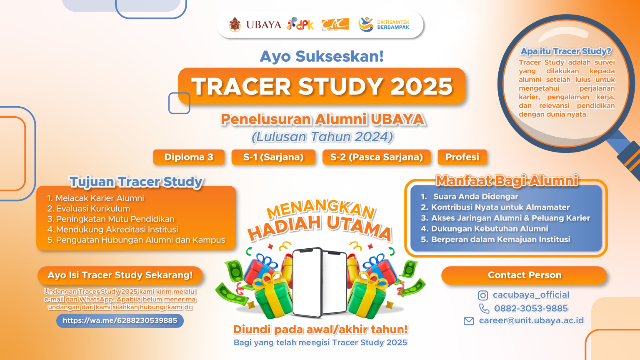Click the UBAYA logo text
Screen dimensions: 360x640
tap(263, 25)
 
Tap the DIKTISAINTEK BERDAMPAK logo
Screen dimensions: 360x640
tap(384, 25)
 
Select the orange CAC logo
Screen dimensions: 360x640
tap(335, 25)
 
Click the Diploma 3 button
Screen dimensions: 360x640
tap(189, 157)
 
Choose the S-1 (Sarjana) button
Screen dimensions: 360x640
tap(273, 157)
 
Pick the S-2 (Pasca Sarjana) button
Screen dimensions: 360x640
tap(376, 157)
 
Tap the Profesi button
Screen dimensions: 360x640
tap(462, 157)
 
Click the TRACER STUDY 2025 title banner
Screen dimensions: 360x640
tap(322, 86)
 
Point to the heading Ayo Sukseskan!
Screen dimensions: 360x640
tap(322, 56)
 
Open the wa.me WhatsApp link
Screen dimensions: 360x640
tap(120, 320)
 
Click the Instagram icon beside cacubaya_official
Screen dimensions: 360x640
tap(483, 295)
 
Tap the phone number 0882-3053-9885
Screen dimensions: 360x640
tap(531, 308)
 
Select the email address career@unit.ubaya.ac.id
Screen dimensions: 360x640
tap(531, 320)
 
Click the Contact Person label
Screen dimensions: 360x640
tap(524, 275)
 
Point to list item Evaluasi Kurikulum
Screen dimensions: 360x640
tap(93, 209)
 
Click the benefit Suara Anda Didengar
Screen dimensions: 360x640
tap(475, 197)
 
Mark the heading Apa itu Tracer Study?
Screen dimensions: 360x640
tap(566, 51)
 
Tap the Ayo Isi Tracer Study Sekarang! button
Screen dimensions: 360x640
tap(120, 275)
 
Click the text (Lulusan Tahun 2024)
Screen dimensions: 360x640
tap(322, 137)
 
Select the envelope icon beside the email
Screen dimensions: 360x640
tap(469, 321)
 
